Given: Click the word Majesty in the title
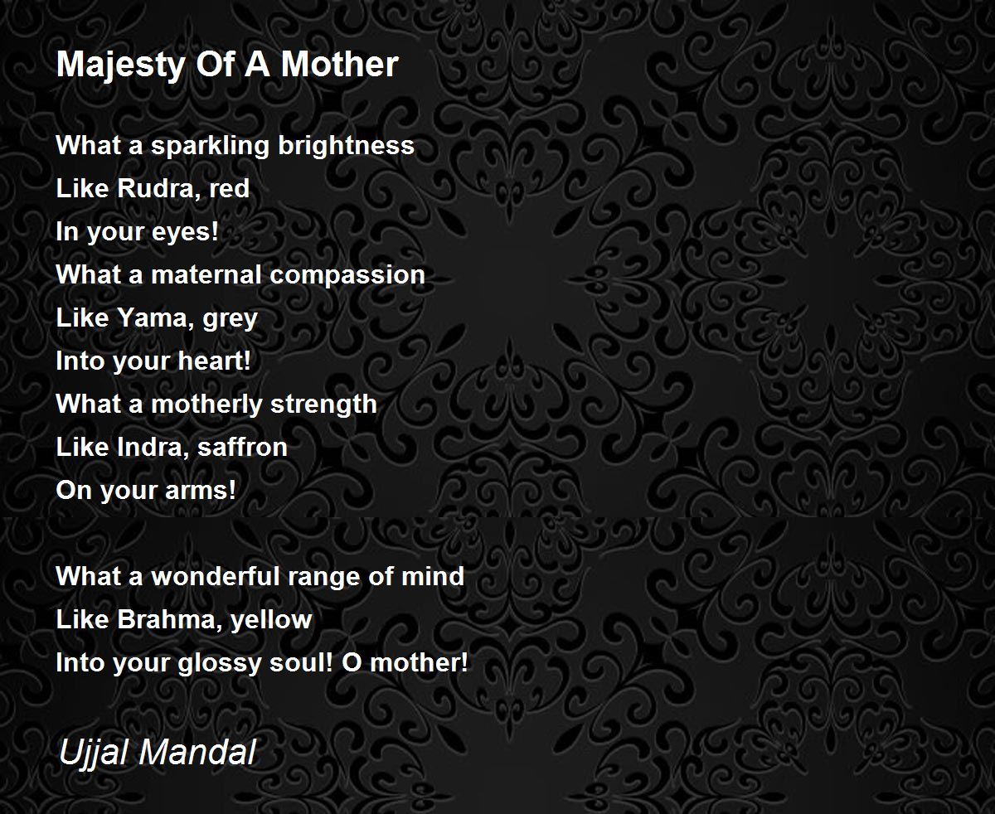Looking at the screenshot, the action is coord(120,65).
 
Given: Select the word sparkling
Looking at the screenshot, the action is coord(210,146).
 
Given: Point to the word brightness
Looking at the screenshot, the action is coord(346,145).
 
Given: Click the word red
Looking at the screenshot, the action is coord(230,189).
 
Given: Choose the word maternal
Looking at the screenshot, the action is coord(206,274).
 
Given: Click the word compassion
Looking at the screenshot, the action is coord(347,276).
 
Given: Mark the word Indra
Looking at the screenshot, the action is coord(153,448).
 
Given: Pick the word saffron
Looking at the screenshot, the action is coord(242,447).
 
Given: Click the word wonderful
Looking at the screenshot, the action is coord(215,576).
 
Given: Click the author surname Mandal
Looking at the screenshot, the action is coord(197,752).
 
